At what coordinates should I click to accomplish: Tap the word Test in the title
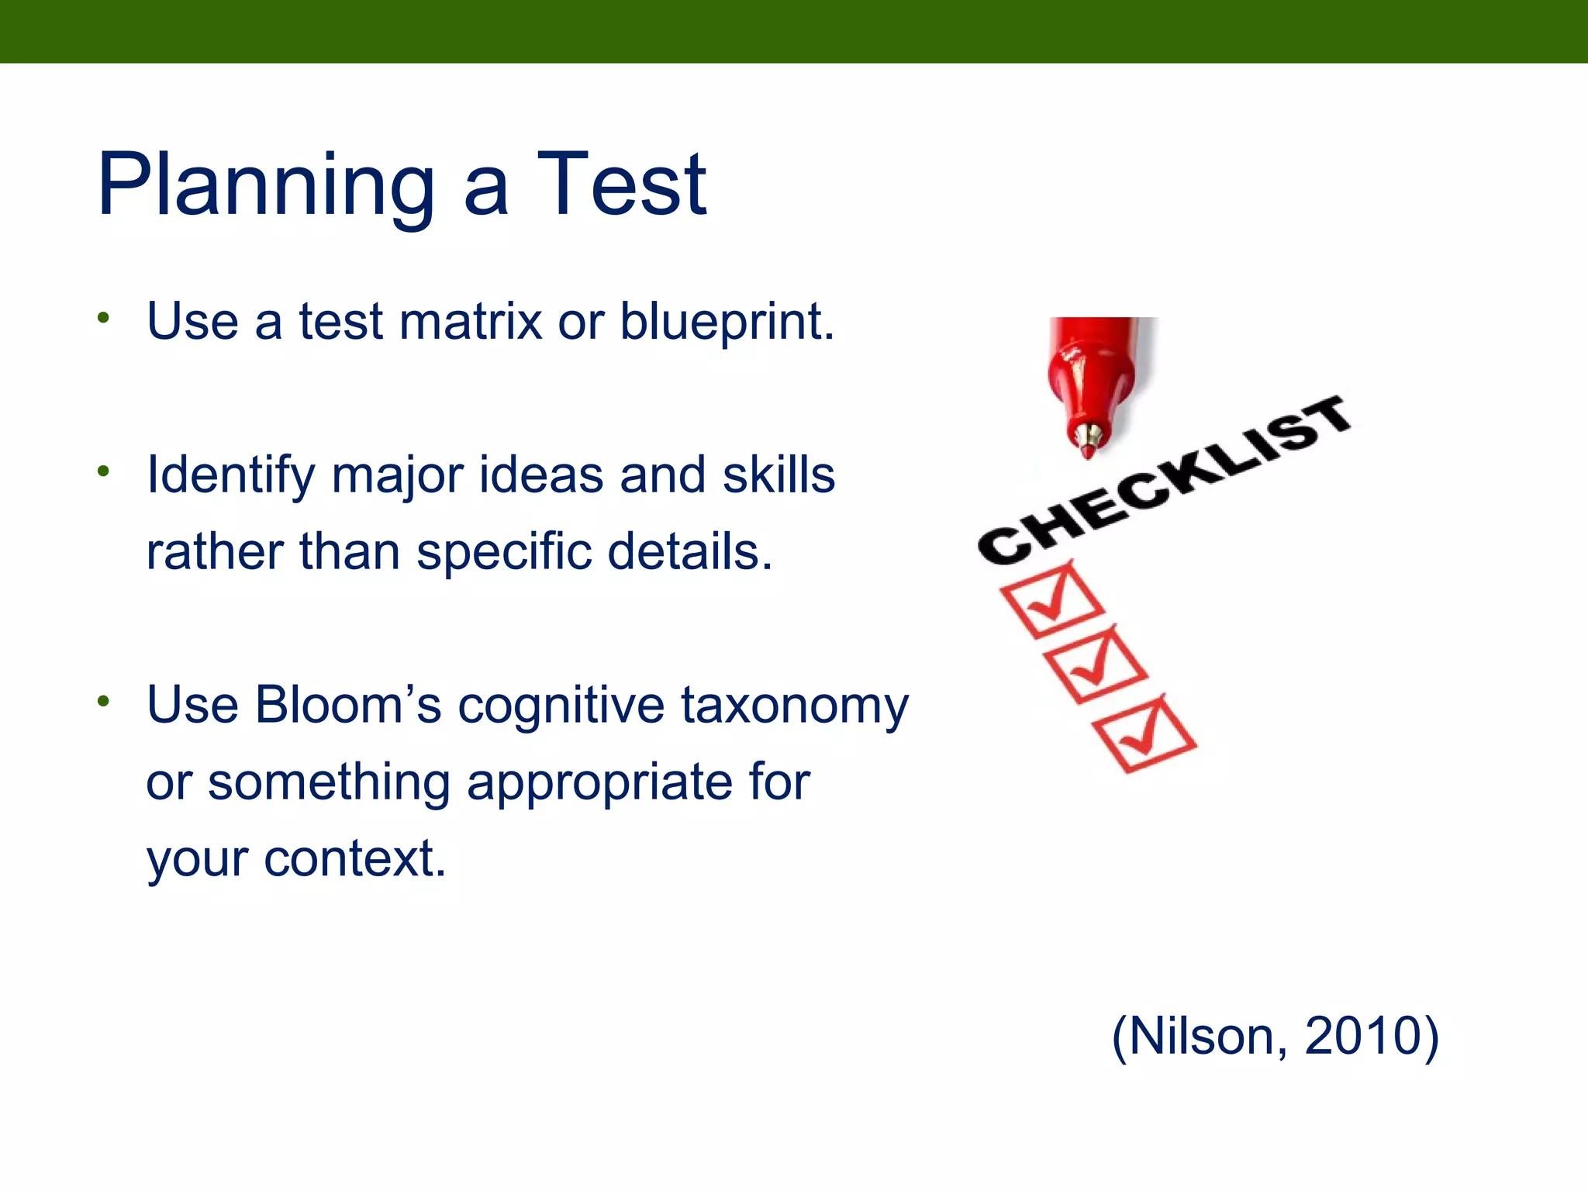(x=620, y=186)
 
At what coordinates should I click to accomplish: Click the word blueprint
(x=727, y=323)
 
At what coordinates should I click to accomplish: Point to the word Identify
(x=230, y=476)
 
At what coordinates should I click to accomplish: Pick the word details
(x=689, y=551)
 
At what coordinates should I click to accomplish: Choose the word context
(x=354, y=858)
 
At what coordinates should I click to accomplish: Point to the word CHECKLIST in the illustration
(x=1163, y=481)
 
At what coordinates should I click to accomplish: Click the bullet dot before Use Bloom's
(x=104, y=701)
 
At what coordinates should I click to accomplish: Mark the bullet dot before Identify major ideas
(x=104, y=471)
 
